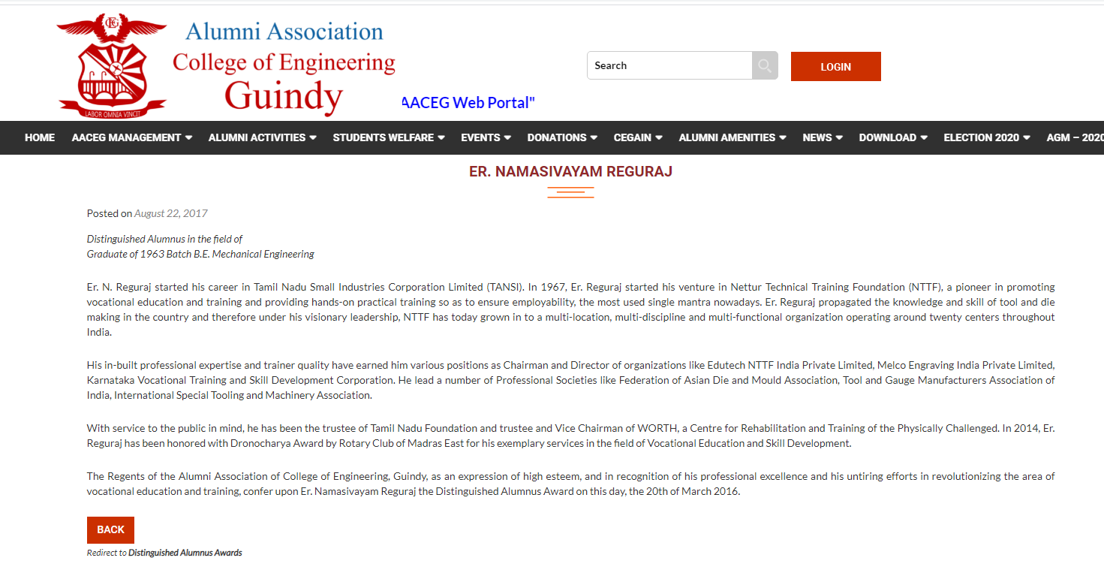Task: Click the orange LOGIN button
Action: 835,66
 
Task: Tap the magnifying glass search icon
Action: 765,65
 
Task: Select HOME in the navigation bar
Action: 40,137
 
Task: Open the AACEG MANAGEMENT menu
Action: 131,137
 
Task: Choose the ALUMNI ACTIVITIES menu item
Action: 262,137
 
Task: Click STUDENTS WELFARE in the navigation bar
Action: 389,137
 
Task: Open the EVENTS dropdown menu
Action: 486,137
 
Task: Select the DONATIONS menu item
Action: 562,137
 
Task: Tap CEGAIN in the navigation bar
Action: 638,137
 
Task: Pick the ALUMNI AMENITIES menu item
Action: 732,137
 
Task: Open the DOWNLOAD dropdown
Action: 893,137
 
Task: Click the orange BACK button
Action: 110,529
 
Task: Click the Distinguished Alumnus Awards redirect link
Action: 185,553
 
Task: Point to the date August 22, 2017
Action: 171,213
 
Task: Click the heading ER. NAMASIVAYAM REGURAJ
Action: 570,172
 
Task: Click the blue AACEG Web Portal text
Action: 468,103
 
